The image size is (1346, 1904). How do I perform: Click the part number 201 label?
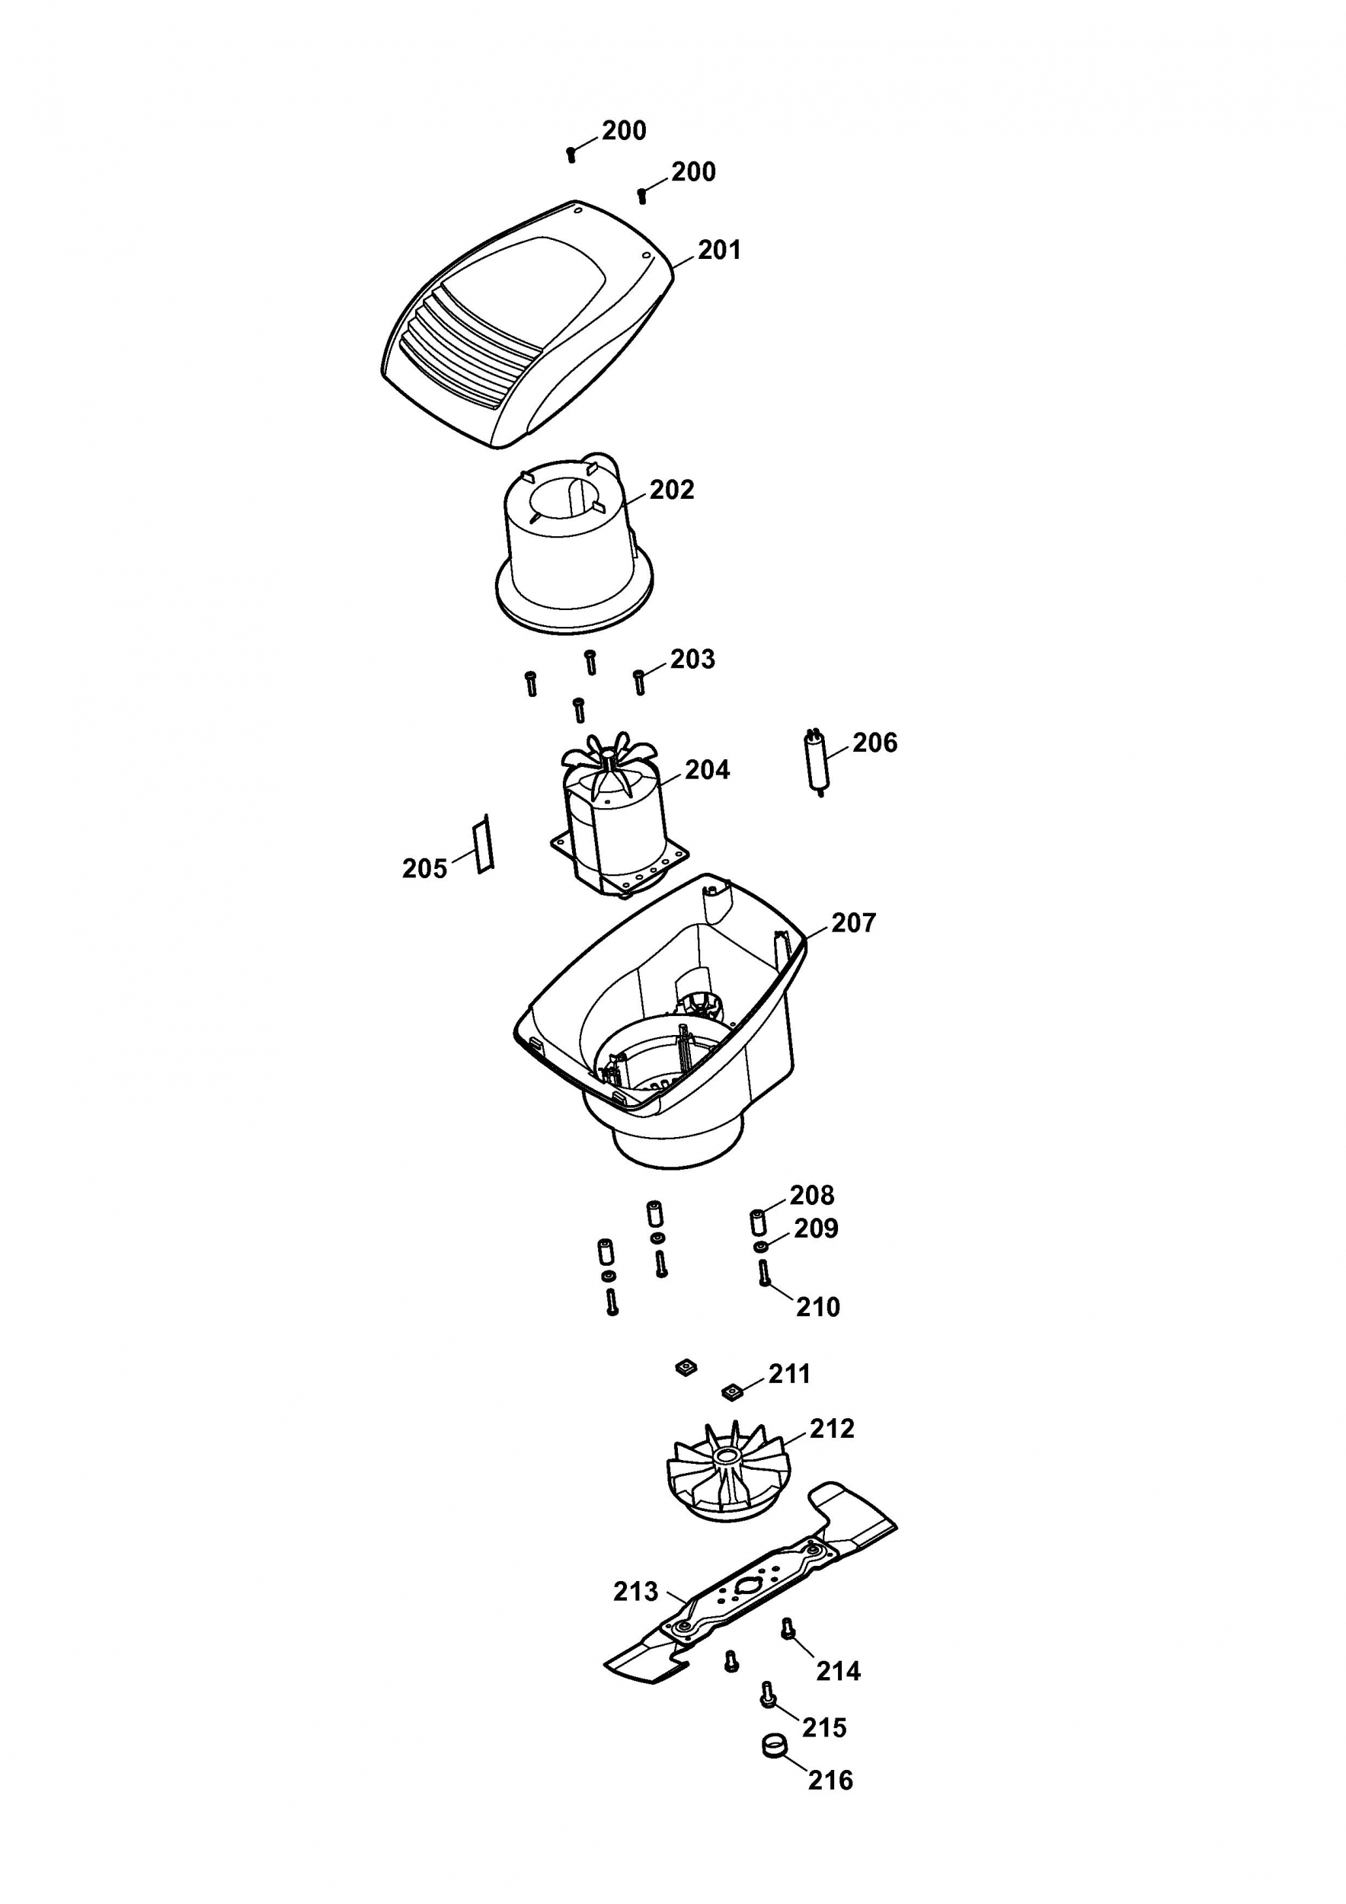(719, 250)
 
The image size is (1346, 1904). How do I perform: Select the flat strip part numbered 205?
(483, 844)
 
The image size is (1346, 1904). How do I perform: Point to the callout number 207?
(853, 923)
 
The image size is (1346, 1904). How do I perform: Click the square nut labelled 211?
(731, 1391)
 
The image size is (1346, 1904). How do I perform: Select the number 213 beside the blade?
(635, 1592)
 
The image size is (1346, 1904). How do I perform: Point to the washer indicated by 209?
(760, 1248)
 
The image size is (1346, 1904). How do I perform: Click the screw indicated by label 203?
(638, 682)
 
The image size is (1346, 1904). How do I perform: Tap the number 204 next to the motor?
(707, 771)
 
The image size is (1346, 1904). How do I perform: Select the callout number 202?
(672, 490)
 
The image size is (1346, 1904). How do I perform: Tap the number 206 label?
(875, 743)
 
